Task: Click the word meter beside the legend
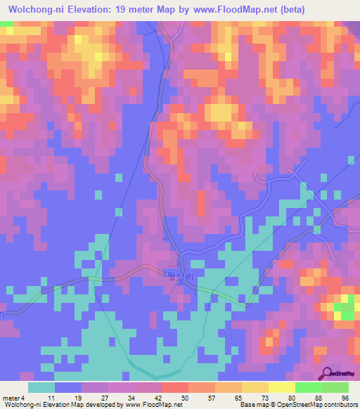(x=10, y=397)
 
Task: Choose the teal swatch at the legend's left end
(x=41, y=387)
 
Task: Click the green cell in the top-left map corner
(x=6, y=24)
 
